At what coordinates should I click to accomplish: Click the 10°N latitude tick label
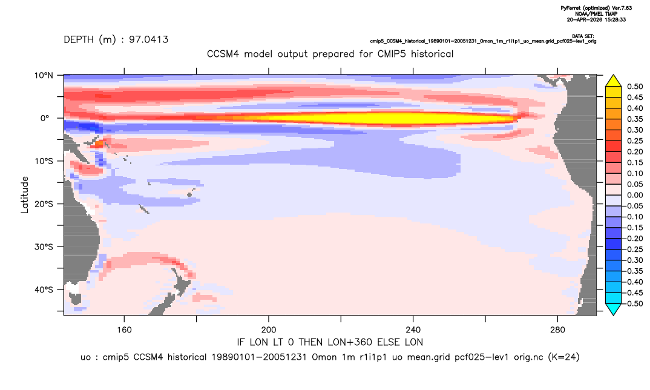[44, 76]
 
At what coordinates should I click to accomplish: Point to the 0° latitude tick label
[44, 118]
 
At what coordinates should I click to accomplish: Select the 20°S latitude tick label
[44, 204]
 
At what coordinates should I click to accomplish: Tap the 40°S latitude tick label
[44, 289]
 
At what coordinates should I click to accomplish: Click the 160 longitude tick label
[124, 330]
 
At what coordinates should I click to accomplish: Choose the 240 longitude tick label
[413, 330]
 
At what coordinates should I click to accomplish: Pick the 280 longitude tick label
[557, 330]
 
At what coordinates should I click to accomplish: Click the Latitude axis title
[25, 195]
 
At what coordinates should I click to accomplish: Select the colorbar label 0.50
[635, 87]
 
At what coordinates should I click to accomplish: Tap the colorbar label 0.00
[635, 196]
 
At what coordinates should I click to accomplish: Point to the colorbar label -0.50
[633, 303]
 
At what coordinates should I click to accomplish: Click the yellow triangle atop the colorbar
[613, 81]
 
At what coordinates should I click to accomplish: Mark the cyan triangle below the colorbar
[613, 309]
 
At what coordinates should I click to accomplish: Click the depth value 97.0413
[148, 40]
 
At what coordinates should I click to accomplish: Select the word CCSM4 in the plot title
[223, 54]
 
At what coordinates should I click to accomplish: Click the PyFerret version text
[596, 8]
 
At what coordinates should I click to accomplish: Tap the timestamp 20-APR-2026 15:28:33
[596, 19]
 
